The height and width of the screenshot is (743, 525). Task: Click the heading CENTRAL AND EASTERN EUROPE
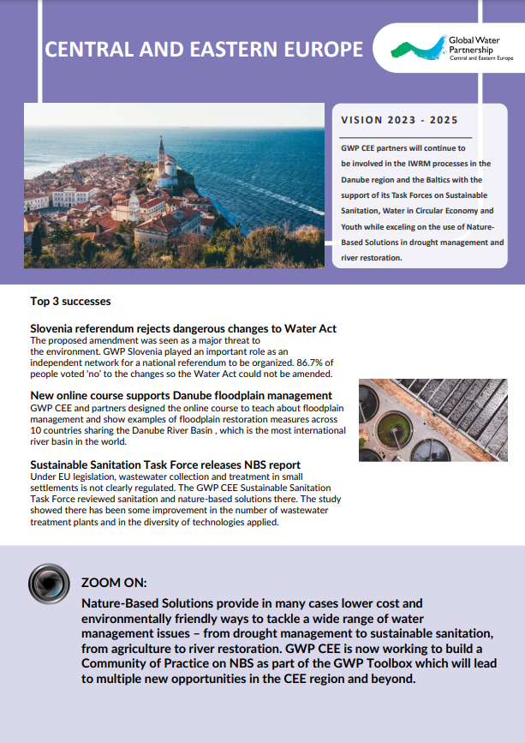click(204, 50)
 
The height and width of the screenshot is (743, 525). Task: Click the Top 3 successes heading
click(70, 302)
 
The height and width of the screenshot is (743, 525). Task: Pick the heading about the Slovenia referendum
click(182, 328)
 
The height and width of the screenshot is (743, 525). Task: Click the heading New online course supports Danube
click(181, 395)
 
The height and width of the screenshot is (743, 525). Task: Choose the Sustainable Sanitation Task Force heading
click(165, 464)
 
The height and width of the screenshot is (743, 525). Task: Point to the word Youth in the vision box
click(355, 226)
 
